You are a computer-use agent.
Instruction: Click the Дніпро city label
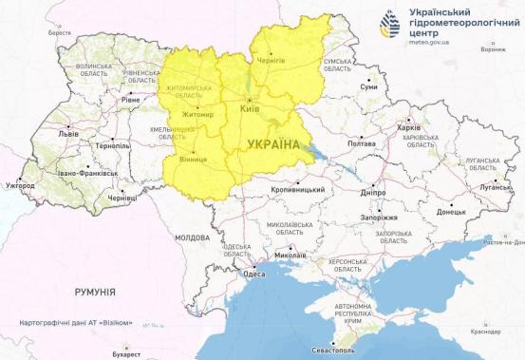(x=373, y=191)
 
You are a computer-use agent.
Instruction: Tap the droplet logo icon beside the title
(x=390, y=25)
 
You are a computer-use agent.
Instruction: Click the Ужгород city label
(x=20, y=185)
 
